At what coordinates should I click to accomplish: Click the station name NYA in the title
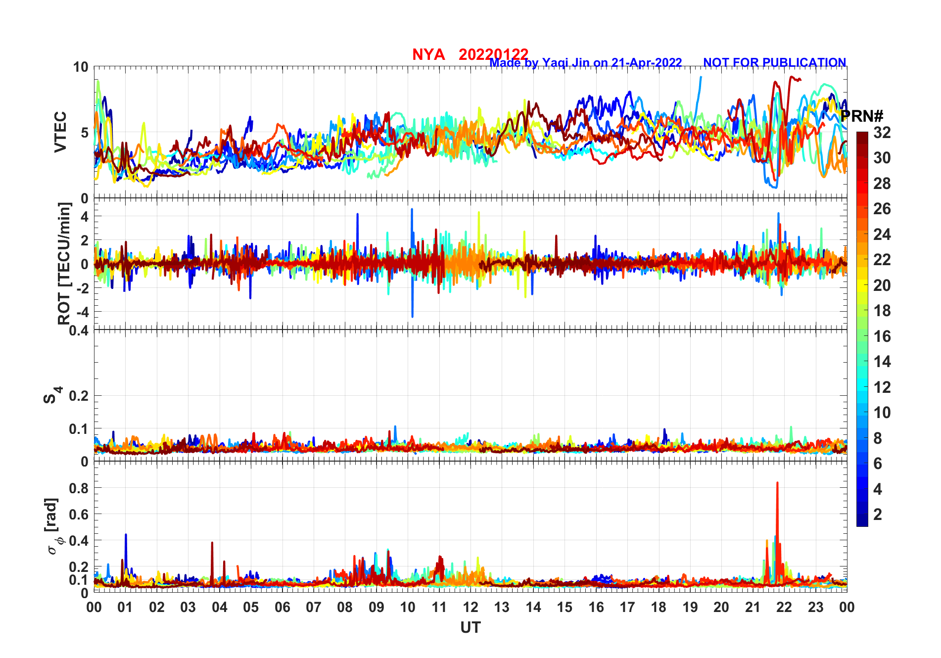428,54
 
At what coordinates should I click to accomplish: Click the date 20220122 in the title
493,54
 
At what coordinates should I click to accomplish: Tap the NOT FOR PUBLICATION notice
774,63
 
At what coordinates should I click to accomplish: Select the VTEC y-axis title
60,132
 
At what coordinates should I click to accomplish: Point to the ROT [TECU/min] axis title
64,263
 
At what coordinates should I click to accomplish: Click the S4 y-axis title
51,396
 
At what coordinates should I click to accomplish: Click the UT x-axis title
470,628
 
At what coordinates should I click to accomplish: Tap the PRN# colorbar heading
862,116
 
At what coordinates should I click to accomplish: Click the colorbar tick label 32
882,133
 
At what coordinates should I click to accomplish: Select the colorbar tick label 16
882,336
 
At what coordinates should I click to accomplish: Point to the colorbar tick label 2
878,515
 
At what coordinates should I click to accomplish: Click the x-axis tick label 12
470,607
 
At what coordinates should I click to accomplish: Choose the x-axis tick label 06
282,607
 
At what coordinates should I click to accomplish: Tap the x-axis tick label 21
753,607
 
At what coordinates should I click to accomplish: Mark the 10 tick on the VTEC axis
81,67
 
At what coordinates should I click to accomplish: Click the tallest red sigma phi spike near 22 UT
777,483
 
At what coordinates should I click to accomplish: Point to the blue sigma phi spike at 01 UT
126,535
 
